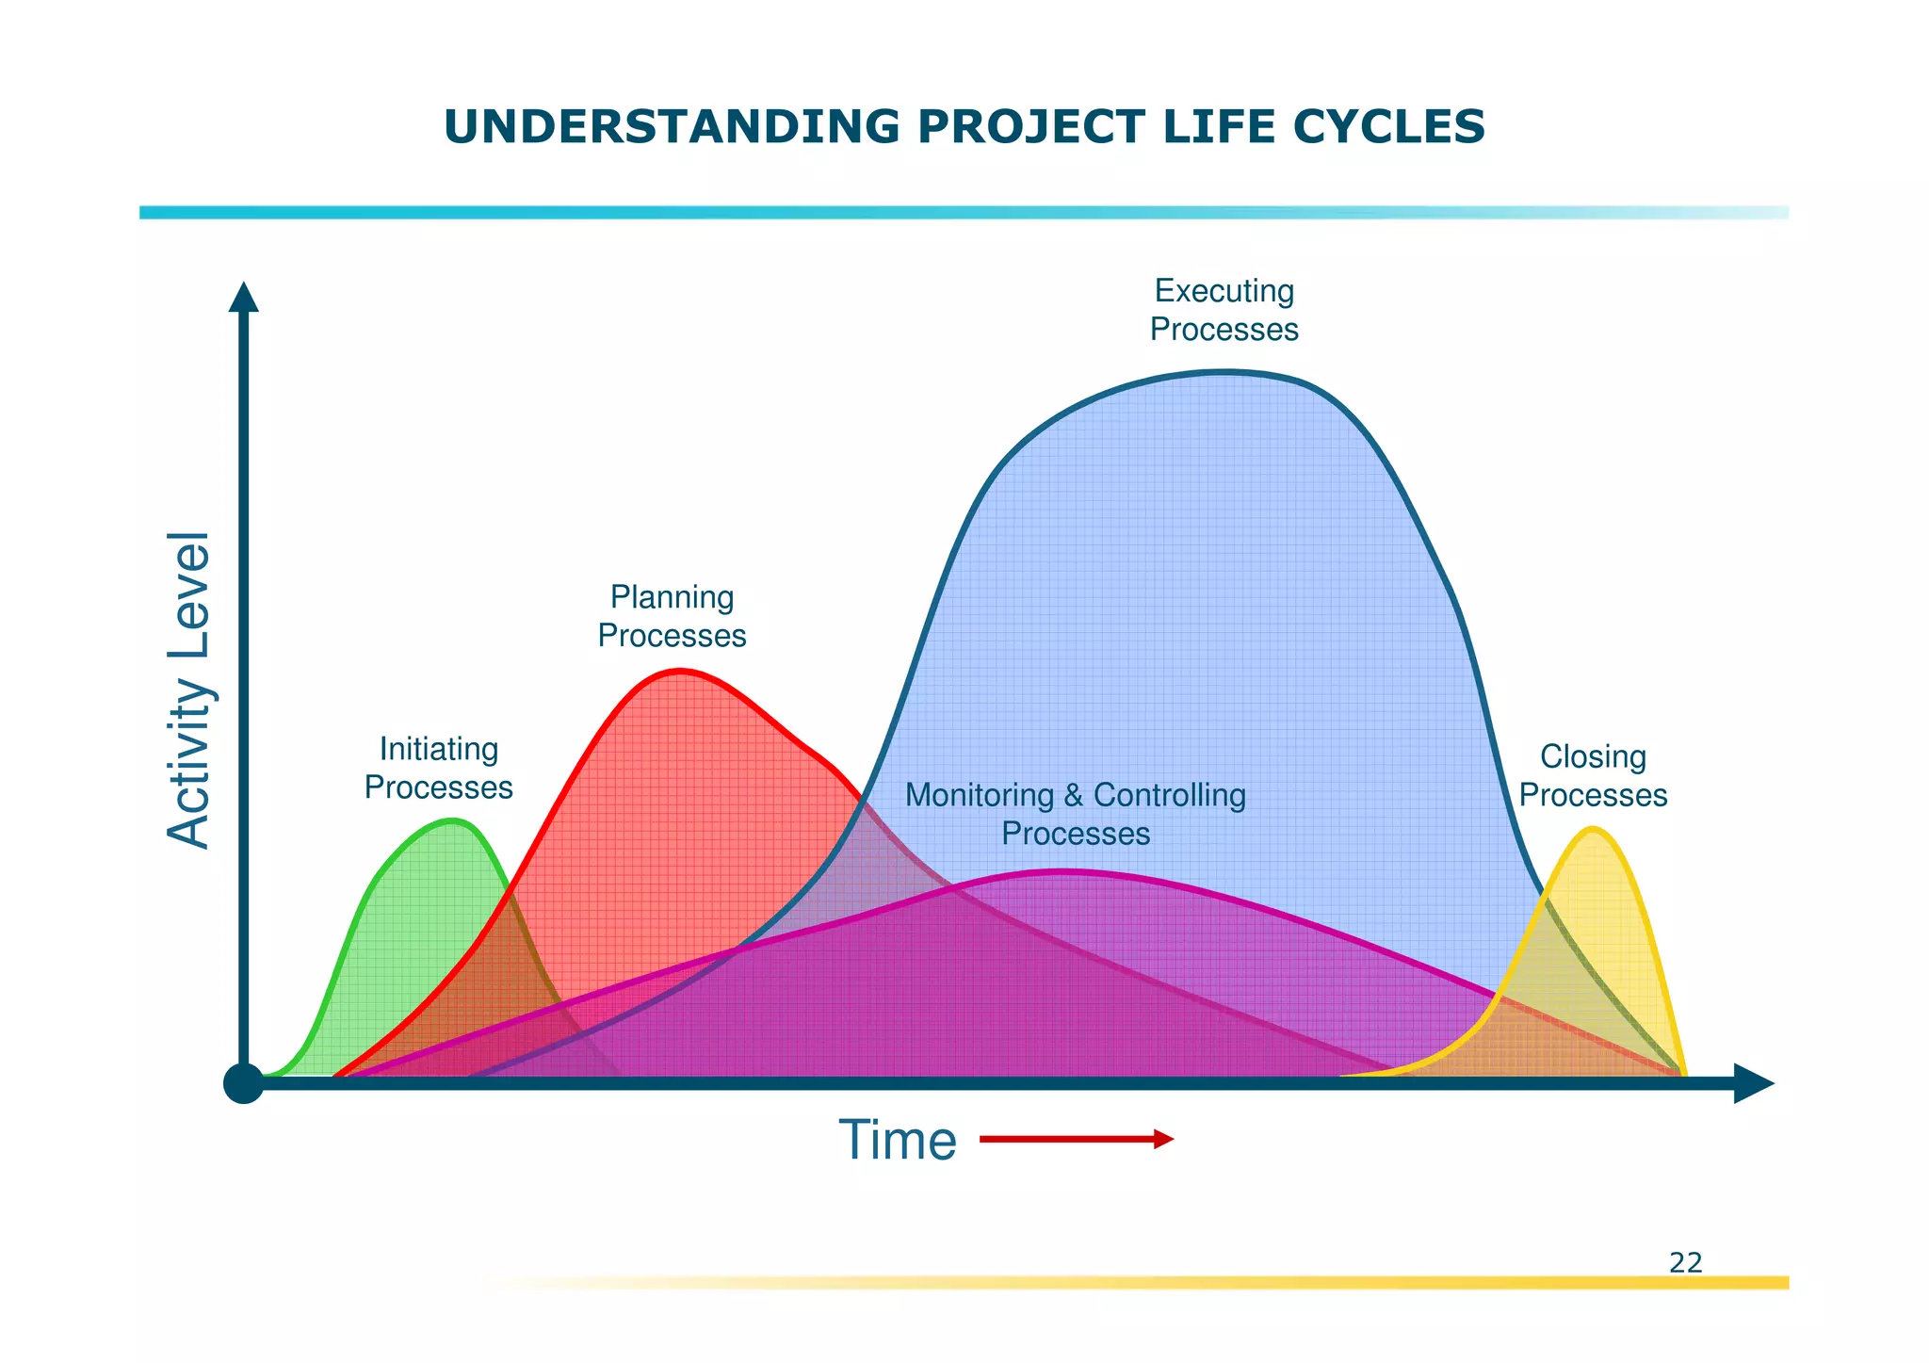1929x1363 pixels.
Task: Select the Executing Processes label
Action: (x=1224, y=310)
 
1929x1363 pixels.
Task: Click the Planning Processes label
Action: (x=672, y=616)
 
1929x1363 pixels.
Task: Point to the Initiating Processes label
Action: (x=438, y=768)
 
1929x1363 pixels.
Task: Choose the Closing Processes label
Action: (x=1593, y=775)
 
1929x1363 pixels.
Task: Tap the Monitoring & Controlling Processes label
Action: (x=1075, y=814)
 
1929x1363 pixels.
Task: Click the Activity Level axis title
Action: (x=188, y=690)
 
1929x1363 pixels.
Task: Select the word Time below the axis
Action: (x=897, y=1140)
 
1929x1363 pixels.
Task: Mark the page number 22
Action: (x=1685, y=1262)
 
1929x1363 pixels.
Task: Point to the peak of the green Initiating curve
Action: (x=453, y=820)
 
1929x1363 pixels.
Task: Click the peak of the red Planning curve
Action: (x=678, y=671)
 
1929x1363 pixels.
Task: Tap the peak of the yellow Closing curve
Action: (x=1592, y=829)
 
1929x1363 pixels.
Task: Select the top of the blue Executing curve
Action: (x=1223, y=373)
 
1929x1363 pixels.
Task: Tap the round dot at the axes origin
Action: (x=244, y=1084)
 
